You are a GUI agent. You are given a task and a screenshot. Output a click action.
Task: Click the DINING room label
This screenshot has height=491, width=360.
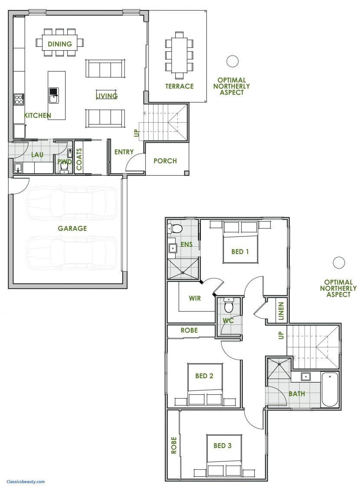(60, 44)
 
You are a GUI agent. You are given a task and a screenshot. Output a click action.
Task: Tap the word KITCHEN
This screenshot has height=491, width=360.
(38, 115)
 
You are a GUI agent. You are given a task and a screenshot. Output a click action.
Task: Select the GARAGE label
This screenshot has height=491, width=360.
(72, 228)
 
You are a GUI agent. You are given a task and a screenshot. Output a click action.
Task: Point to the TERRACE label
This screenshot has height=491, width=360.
(179, 86)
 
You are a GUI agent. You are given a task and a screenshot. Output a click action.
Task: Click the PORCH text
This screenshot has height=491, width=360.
(165, 161)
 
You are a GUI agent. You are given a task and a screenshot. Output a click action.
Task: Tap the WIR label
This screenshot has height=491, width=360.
(194, 298)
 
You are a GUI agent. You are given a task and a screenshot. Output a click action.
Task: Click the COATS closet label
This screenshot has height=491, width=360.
(79, 158)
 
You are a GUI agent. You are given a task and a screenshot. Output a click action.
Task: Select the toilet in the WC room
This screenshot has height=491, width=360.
(229, 306)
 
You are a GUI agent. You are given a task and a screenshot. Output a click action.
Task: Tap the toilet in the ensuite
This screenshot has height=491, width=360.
(177, 229)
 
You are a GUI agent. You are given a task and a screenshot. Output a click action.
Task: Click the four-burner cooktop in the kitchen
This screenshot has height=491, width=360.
(20, 100)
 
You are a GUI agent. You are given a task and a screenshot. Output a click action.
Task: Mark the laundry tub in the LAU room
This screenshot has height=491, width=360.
(18, 167)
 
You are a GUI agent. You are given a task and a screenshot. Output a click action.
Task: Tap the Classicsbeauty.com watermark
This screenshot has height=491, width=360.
(26, 481)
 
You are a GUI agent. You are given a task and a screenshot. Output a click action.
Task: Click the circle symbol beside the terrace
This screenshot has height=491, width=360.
(233, 61)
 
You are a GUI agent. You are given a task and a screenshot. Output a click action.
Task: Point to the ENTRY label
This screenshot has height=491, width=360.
(124, 152)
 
